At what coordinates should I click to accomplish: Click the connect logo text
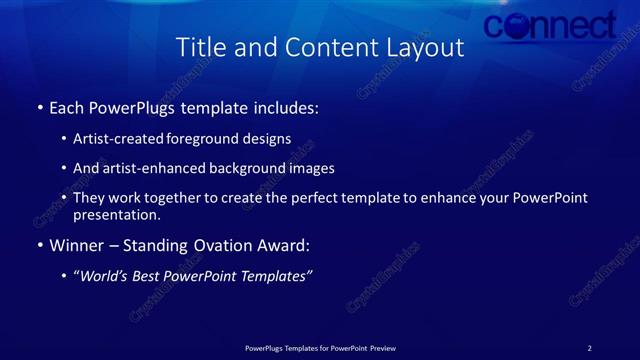pyautogui.click(x=551, y=25)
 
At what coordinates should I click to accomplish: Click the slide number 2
pyautogui.click(x=589, y=347)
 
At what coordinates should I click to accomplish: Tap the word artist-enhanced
pyautogui.click(x=153, y=168)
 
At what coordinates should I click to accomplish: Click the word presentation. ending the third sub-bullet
pyautogui.click(x=116, y=214)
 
